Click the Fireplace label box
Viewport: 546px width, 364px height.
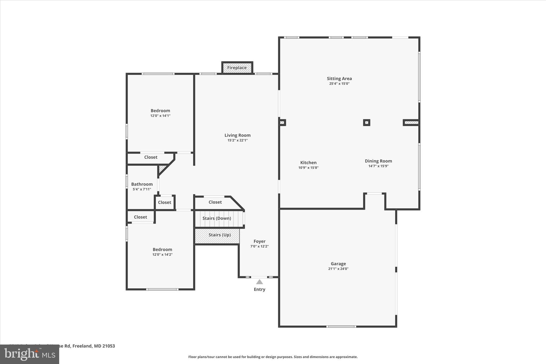(237, 68)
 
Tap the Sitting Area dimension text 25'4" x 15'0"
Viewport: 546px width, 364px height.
(339, 83)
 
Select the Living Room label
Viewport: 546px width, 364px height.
(237, 135)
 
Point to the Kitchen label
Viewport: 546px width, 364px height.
(308, 162)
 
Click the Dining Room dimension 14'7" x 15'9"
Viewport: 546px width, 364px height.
(378, 166)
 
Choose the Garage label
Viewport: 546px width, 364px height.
(338, 263)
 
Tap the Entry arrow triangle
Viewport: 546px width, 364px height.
(259, 282)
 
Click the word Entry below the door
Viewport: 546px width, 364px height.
(259, 289)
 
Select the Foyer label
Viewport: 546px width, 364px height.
(259, 241)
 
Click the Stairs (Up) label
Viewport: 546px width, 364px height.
(219, 235)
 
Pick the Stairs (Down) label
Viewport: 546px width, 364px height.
(216, 218)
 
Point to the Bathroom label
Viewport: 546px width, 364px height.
(142, 184)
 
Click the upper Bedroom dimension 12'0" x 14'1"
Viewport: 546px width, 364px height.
(160, 116)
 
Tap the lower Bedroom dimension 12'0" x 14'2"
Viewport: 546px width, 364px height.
(162, 254)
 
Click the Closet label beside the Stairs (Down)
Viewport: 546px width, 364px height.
(215, 202)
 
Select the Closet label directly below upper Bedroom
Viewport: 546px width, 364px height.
(151, 157)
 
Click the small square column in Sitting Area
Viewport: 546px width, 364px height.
(367, 122)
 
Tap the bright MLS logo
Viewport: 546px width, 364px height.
(30, 354)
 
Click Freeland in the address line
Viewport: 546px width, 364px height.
(82, 346)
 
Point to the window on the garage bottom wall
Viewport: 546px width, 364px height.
(341, 326)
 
